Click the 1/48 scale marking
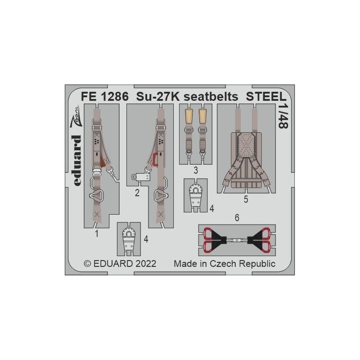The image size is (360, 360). click(283, 117)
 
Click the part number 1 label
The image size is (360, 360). click(96, 234)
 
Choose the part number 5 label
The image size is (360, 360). click(246, 198)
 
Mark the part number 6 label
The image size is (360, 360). click(237, 218)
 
